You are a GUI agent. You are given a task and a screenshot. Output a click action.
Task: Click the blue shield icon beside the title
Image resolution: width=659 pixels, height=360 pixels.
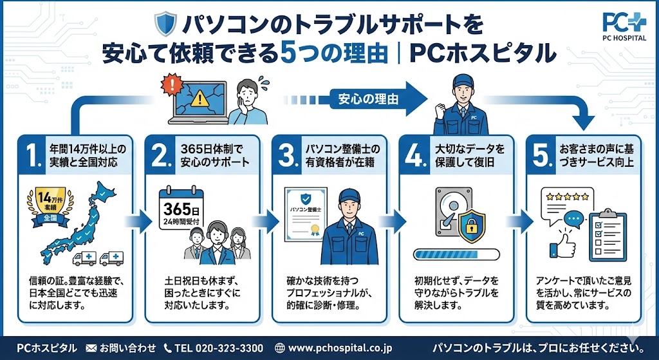click(x=165, y=24)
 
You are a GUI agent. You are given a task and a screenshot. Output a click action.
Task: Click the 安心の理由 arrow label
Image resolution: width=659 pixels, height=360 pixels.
click(x=364, y=99)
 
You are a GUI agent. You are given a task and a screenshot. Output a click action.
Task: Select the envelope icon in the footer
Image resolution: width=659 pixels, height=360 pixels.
click(x=91, y=348)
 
